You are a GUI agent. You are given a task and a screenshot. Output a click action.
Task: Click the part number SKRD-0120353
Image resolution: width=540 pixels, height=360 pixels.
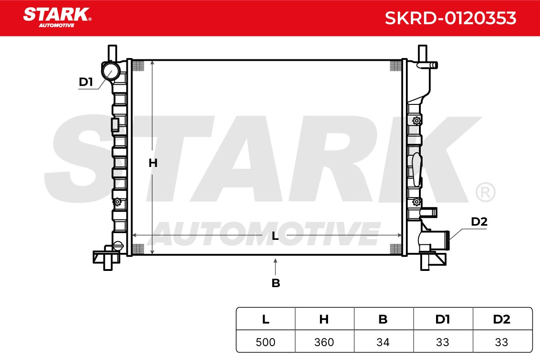450,18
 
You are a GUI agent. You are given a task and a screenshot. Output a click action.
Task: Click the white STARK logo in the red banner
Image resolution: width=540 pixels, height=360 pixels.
57,18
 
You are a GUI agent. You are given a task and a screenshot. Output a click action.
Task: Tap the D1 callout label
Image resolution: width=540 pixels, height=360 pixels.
86,82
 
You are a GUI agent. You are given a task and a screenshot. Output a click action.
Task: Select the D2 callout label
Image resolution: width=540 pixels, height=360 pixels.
479,221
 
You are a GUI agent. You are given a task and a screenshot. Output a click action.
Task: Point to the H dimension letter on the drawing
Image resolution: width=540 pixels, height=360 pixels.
153,163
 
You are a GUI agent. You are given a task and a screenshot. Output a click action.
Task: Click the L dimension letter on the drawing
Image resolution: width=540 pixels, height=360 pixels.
275,236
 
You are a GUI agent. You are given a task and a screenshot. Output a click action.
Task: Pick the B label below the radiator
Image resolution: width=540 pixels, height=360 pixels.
276,283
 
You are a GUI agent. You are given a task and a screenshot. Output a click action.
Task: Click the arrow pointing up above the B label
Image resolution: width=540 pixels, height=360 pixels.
275,267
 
